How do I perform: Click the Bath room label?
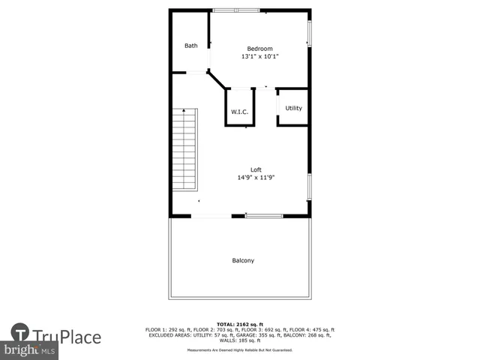pos(191,46)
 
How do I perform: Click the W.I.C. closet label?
pos(239,112)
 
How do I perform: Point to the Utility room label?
pos(293,108)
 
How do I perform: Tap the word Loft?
pos(256,169)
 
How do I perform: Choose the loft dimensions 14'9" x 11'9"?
pos(256,178)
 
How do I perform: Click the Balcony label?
pos(242,261)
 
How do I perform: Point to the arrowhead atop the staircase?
pos(184,110)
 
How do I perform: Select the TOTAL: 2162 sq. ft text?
pos(240,324)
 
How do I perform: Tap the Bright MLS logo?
pos(30,350)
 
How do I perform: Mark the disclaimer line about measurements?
pos(240,351)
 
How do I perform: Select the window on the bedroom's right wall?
pos(309,34)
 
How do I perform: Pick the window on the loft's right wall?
pos(309,187)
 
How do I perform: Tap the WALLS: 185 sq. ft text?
pos(240,340)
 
